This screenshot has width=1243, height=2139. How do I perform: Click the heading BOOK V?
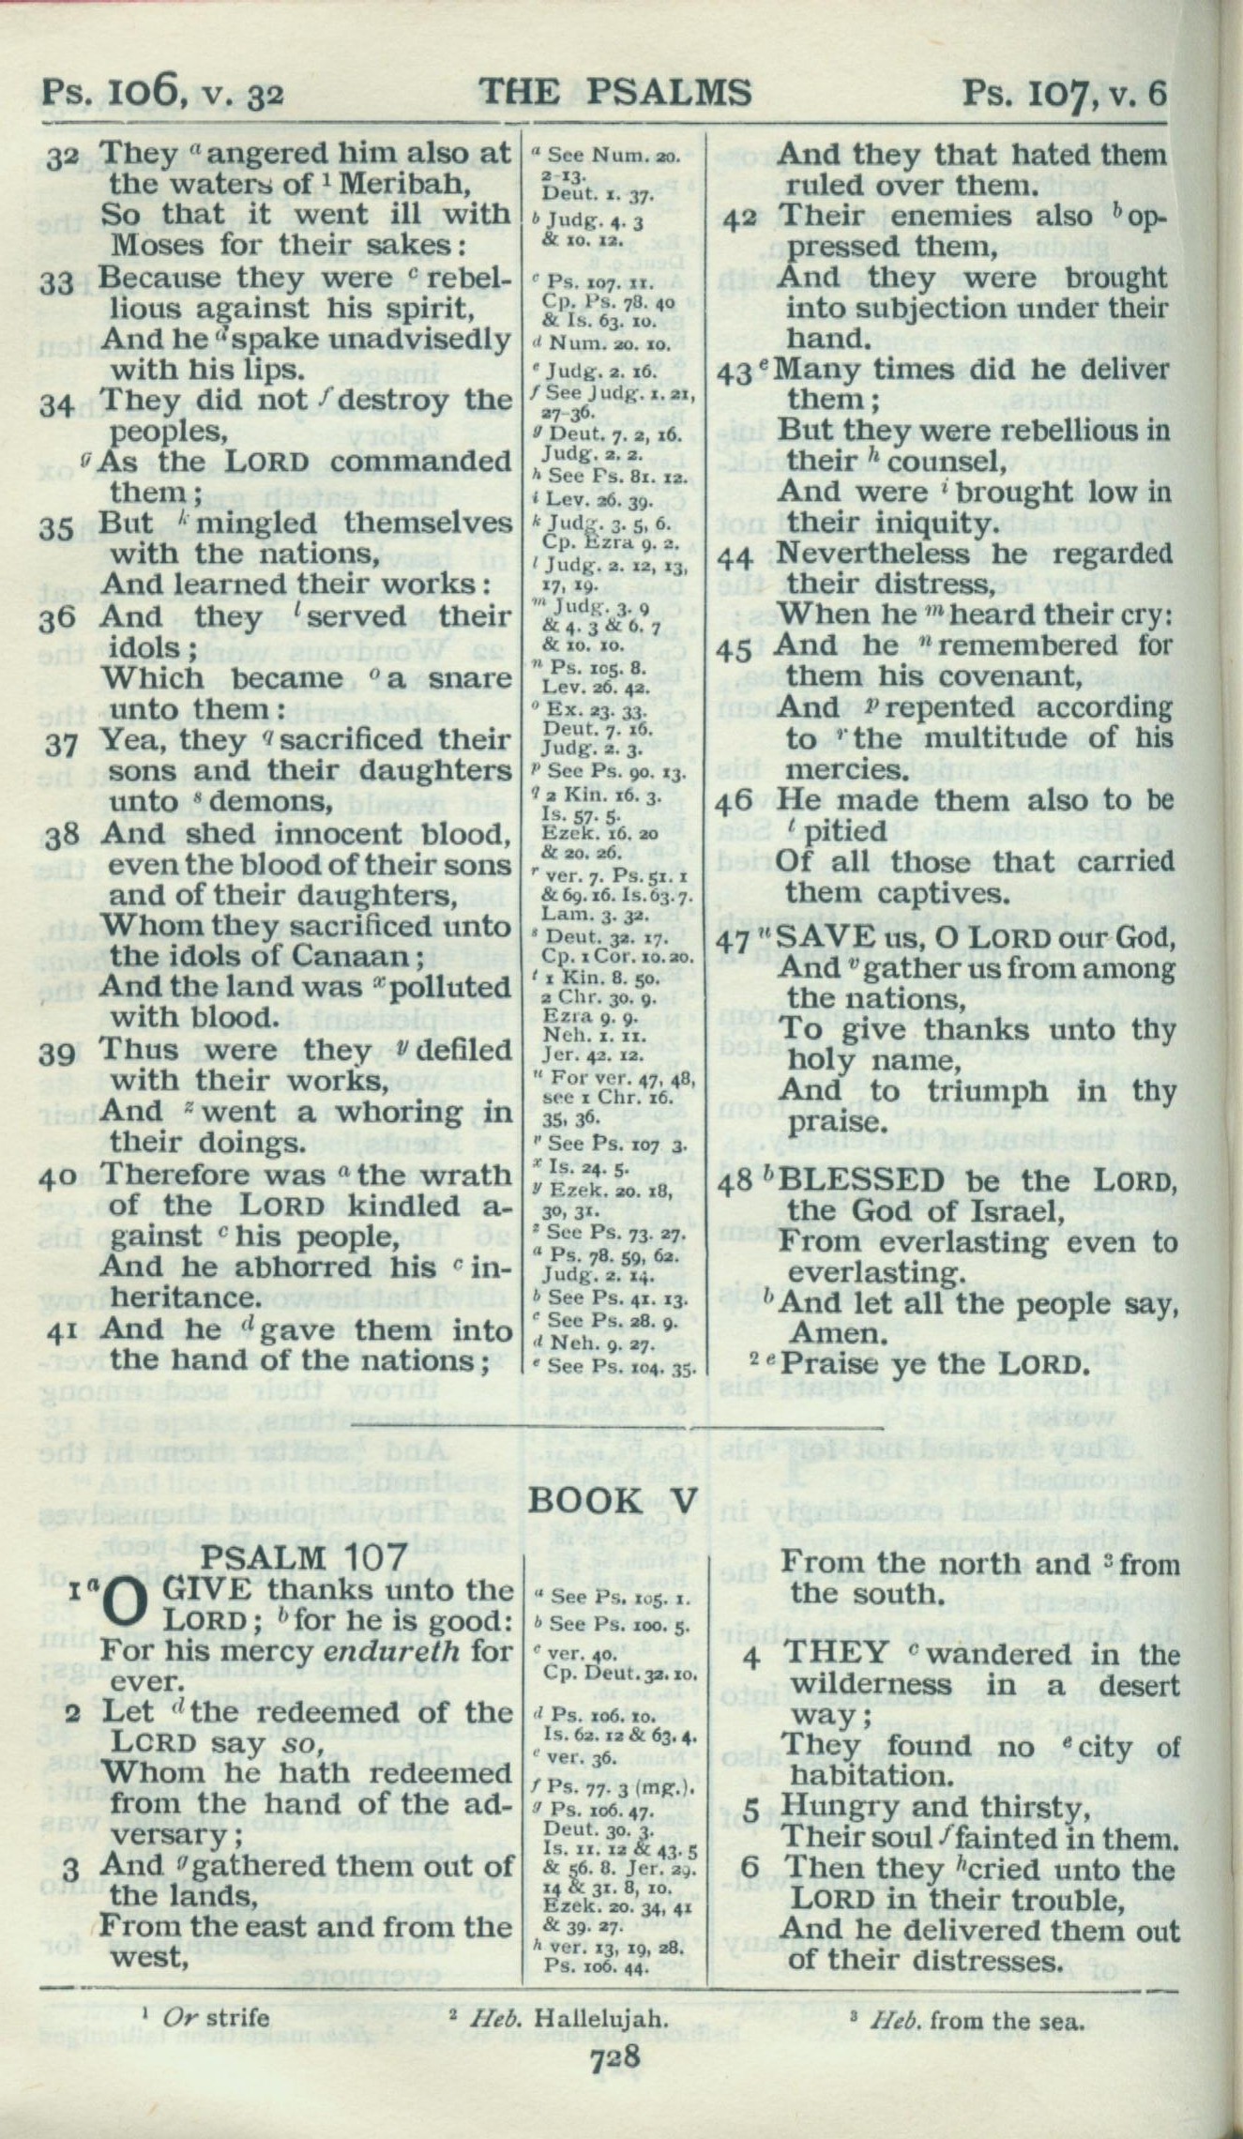pos(614,1500)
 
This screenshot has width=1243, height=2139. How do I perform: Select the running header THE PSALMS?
pos(615,93)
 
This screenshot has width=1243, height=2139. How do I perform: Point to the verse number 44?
pos(741,558)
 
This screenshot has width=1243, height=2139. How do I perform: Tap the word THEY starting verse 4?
pos(834,1654)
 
